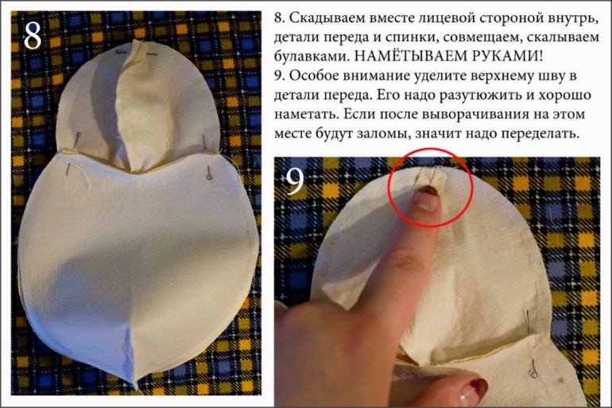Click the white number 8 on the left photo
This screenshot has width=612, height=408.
(x=33, y=35)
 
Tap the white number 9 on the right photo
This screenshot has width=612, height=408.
(x=294, y=183)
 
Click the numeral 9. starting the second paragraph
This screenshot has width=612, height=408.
(x=279, y=76)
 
